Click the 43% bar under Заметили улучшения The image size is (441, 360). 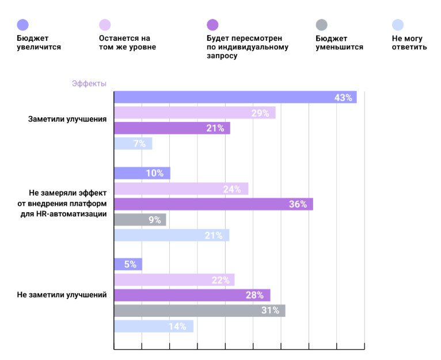[235, 97]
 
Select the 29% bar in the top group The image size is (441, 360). [195, 113]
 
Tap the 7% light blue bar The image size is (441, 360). [133, 144]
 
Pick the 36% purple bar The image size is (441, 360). [213, 204]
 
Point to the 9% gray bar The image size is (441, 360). [140, 219]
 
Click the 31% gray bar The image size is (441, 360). [199, 311]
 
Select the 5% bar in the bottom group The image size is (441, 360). [128, 265]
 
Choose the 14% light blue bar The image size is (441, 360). [154, 326]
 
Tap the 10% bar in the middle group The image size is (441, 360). [142, 173]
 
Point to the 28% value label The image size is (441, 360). [254, 295]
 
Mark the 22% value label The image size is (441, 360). [221, 280]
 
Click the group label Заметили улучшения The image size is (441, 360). [67, 119]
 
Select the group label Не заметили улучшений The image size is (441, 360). [62, 295]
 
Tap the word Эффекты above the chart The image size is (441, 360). [89, 83]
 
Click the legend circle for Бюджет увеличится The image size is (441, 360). [23, 24]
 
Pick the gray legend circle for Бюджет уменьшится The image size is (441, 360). [322, 24]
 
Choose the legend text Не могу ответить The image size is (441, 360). [409, 43]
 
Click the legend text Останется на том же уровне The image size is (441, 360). [127, 43]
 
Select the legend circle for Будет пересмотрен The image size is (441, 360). [212, 24]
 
